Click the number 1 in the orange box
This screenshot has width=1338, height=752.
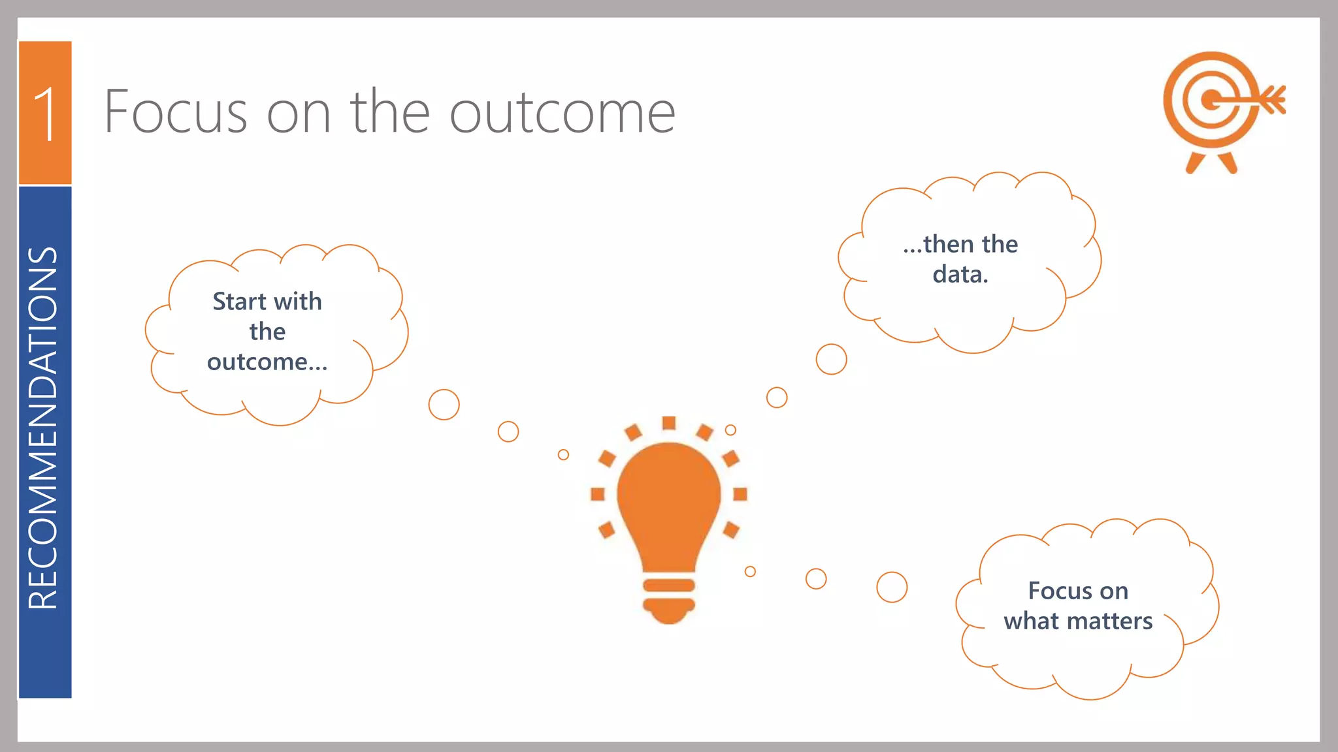pyautogui.click(x=46, y=114)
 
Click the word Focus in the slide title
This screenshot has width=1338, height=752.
pyautogui.click(x=175, y=112)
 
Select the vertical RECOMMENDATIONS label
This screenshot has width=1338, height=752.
pyautogui.click(x=43, y=428)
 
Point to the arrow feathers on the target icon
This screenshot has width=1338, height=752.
pyautogui.click(x=1274, y=100)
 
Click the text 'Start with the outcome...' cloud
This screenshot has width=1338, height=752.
pyautogui.click(x=267, y=332)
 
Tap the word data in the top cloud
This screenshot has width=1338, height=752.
pyautogui.click(x=960, y=274)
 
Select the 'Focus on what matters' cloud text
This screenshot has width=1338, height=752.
pyautogui.click(x=1078, y=606)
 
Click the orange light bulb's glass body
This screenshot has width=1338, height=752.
pyautogui.click(x=668, y=496)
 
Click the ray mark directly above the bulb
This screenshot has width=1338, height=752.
pyautogui.click(x=668, y=423)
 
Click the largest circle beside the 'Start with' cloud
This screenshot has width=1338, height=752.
pyautogui.click(x=444, y=405)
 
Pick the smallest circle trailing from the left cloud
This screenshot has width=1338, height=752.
pyautogui.click(x=563, y=454)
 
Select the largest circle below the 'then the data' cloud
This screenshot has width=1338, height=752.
pyautogui.click(x=831, y=359)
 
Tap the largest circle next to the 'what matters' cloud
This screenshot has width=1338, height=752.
pyautogui.click(x=892, y=587)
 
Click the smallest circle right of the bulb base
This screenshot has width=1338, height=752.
pyautogui.click(x=750, y=571)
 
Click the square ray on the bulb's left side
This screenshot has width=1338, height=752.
pyautogui.click(x=597, y=494)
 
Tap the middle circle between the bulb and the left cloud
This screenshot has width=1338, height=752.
pyautogui.click(x=508, y=431)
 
